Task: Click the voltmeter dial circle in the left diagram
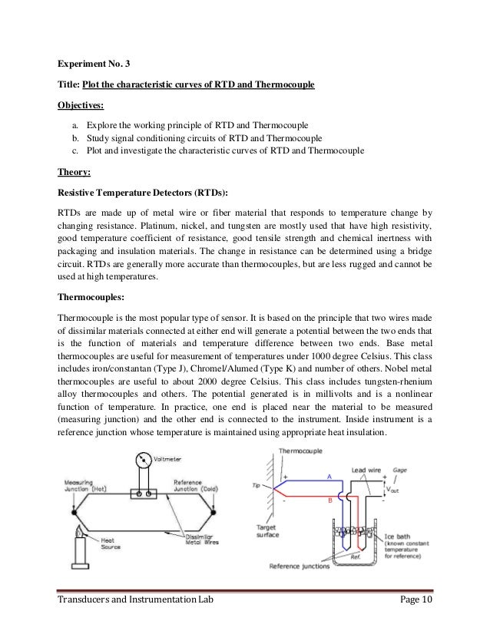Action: tap(143, 464)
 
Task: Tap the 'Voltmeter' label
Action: tap(168, 461)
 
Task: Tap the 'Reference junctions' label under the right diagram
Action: tap(302, 567)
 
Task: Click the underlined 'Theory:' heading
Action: tap(74, 173)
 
